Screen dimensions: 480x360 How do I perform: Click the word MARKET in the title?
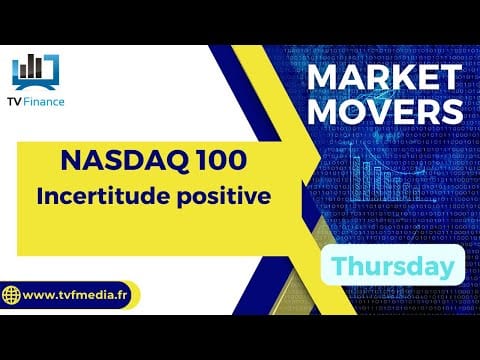coord(384,77)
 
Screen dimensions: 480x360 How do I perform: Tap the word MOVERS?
coord(385,111)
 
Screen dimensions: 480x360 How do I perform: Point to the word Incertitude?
coord(103,196)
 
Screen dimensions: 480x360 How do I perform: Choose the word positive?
coord(224,197)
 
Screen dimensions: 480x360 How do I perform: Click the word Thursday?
coord(393,266)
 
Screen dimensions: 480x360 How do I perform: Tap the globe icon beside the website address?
coord(11,295)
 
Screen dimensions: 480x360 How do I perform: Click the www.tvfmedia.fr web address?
coord(75,295)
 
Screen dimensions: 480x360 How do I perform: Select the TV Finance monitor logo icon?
coord(36,72)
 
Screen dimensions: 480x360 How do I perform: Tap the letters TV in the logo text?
coord(15,102)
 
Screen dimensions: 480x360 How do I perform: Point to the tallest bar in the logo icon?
coord(31,66)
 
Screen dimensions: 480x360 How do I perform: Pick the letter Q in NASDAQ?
coord(179,162)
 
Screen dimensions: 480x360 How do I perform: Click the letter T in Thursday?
coord(339,266)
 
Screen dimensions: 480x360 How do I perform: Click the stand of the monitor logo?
coord(35,87)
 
